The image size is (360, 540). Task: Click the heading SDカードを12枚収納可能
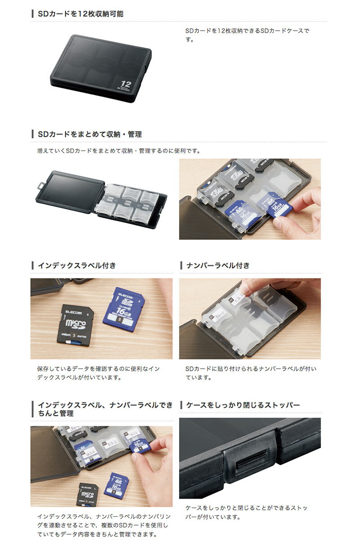(81, 14)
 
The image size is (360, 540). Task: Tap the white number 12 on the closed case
(126, 84)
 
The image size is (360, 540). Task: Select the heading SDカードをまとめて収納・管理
(90, 134)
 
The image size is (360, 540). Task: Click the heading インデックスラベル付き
(77, 265)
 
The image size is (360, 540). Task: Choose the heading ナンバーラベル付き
(218, 265)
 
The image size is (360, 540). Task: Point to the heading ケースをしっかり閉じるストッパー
(243, 405)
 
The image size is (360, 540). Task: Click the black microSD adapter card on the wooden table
(76, 324)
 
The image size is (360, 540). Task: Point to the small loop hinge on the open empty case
(41, 184)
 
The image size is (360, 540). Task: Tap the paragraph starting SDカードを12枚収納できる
(247, 35)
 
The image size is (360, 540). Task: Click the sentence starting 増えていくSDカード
(119, 151)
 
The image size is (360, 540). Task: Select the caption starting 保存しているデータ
(98, 373)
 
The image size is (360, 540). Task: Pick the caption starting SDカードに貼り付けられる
(251, 373)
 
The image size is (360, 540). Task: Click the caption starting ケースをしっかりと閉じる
(247, 512)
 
